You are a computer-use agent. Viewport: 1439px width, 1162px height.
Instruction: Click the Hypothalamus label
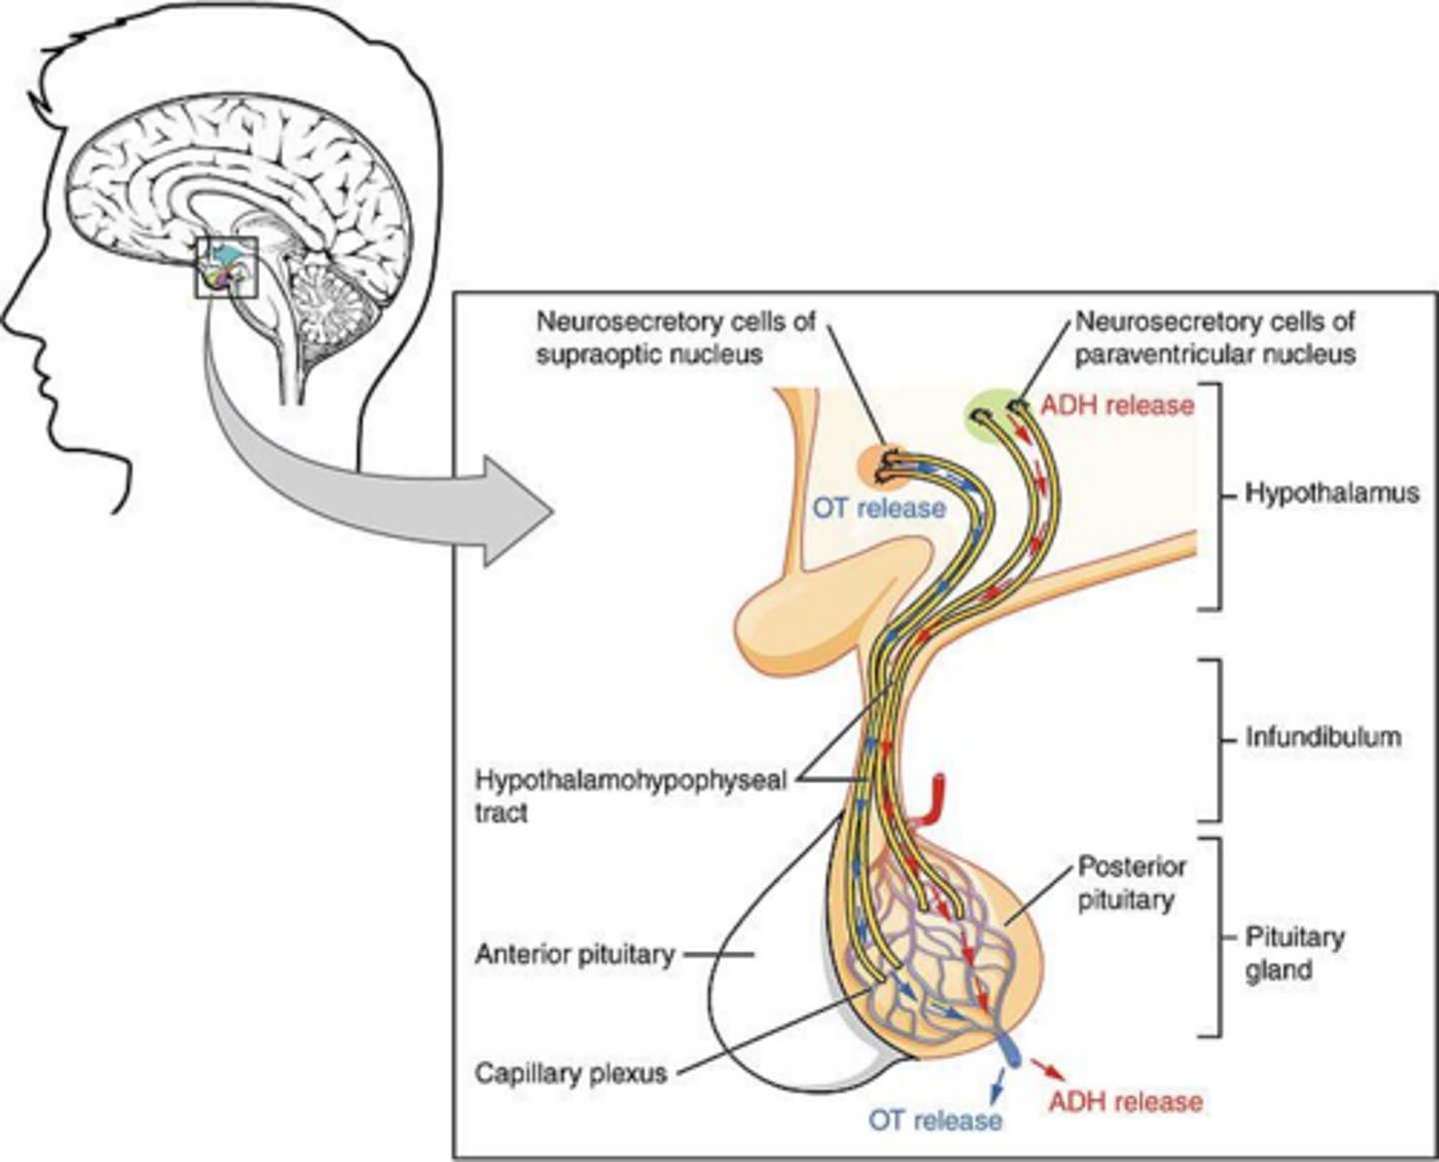(1331, 494)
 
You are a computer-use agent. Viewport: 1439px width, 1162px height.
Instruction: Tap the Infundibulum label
(1323, 738)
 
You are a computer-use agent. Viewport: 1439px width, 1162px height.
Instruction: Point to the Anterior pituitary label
(575, 954)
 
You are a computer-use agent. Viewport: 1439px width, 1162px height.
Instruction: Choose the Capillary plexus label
(570, 1074)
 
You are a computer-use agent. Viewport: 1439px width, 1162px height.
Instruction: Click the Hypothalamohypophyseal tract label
(631, 795)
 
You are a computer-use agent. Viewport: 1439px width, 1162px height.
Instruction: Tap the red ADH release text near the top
(1116, 406)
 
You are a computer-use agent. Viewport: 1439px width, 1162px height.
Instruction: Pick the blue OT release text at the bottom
(934, 1120)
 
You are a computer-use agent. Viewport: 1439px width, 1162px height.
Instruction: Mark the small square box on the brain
(226, 268)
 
